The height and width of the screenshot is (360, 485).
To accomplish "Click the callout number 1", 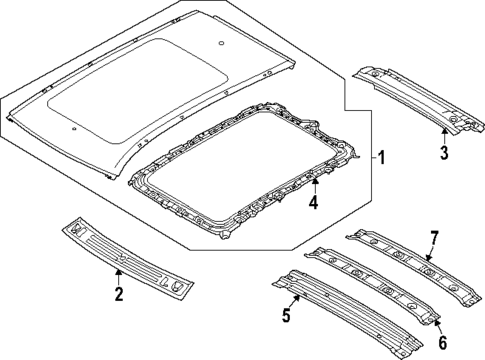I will click(378, 158).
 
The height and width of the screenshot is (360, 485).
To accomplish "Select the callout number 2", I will click(119, 293).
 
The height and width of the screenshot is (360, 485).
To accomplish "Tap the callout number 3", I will click(443, 152).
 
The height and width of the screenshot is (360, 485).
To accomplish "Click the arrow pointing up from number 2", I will click(119, 276).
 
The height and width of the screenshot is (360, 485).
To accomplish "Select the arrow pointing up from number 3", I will click(443, 133).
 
